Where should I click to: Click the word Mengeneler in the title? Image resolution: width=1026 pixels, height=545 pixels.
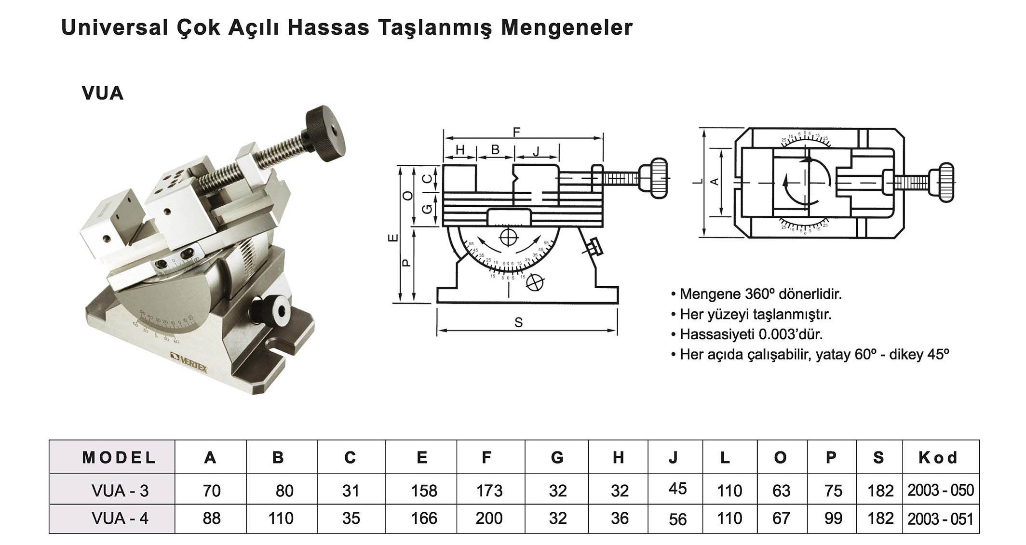566,28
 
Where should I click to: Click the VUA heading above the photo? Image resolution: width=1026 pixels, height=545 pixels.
103,93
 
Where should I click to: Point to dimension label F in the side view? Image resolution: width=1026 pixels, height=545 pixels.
516,132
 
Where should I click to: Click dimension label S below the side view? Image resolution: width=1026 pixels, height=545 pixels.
518,322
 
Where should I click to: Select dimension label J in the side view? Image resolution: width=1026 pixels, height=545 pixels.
537,151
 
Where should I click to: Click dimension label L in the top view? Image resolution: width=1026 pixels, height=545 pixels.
698,182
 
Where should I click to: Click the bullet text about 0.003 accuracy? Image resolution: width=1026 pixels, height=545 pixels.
750,334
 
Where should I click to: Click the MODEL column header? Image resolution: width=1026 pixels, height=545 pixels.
119,457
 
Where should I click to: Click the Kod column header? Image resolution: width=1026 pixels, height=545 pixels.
938,457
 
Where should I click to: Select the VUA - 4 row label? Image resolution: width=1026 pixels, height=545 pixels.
120,518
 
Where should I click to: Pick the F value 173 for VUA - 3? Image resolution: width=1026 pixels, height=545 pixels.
489,491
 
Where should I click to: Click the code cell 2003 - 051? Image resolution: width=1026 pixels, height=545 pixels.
940,519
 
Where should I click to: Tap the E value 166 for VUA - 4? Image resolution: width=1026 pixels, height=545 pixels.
424,518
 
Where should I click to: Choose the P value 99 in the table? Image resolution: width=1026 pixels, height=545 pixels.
833,518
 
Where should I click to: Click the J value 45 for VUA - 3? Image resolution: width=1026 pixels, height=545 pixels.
677,489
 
